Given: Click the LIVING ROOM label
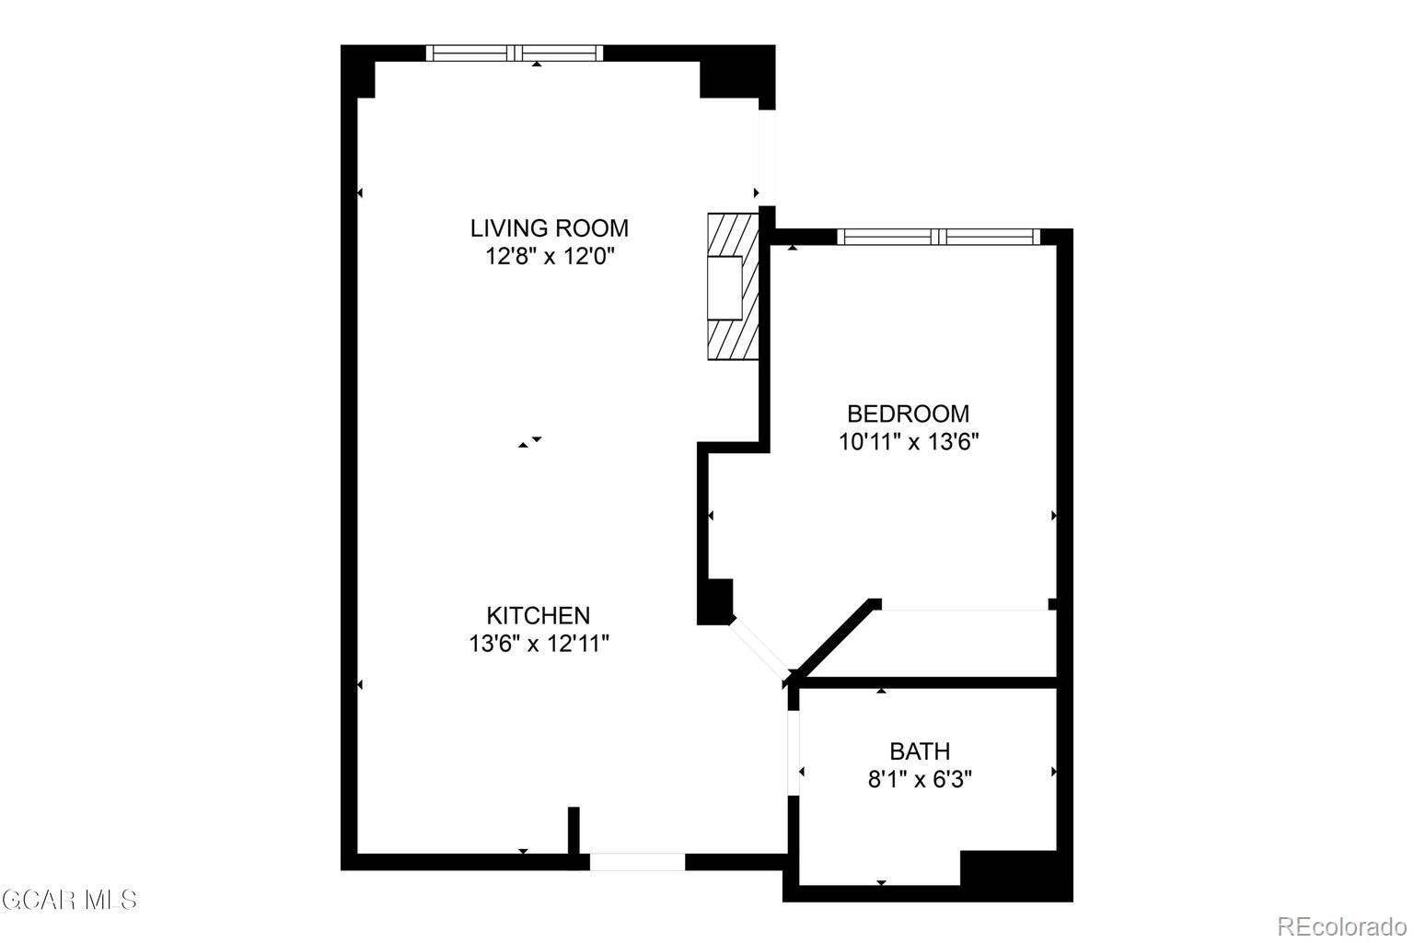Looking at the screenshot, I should [549, 227].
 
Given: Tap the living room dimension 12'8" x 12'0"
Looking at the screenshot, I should [549, 256].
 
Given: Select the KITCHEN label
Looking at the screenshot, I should [538, 614].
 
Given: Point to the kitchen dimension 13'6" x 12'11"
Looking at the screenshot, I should [539, 643].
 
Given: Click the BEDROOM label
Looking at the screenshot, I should [908, 413].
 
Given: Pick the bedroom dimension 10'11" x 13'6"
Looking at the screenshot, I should [908, 442].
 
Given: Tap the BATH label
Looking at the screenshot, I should [920, 751].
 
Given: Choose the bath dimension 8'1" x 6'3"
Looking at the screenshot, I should [920, 780].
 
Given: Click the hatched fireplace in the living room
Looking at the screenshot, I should [732, 286].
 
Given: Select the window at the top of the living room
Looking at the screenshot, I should [515, 53].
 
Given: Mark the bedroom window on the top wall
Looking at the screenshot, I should [938, 237].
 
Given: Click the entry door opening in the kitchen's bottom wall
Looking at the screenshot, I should [637, 862].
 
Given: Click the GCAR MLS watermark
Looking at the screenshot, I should [69, 899].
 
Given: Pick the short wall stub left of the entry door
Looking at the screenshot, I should [574, 830].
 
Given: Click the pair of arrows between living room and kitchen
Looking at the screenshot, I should [529, 442].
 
